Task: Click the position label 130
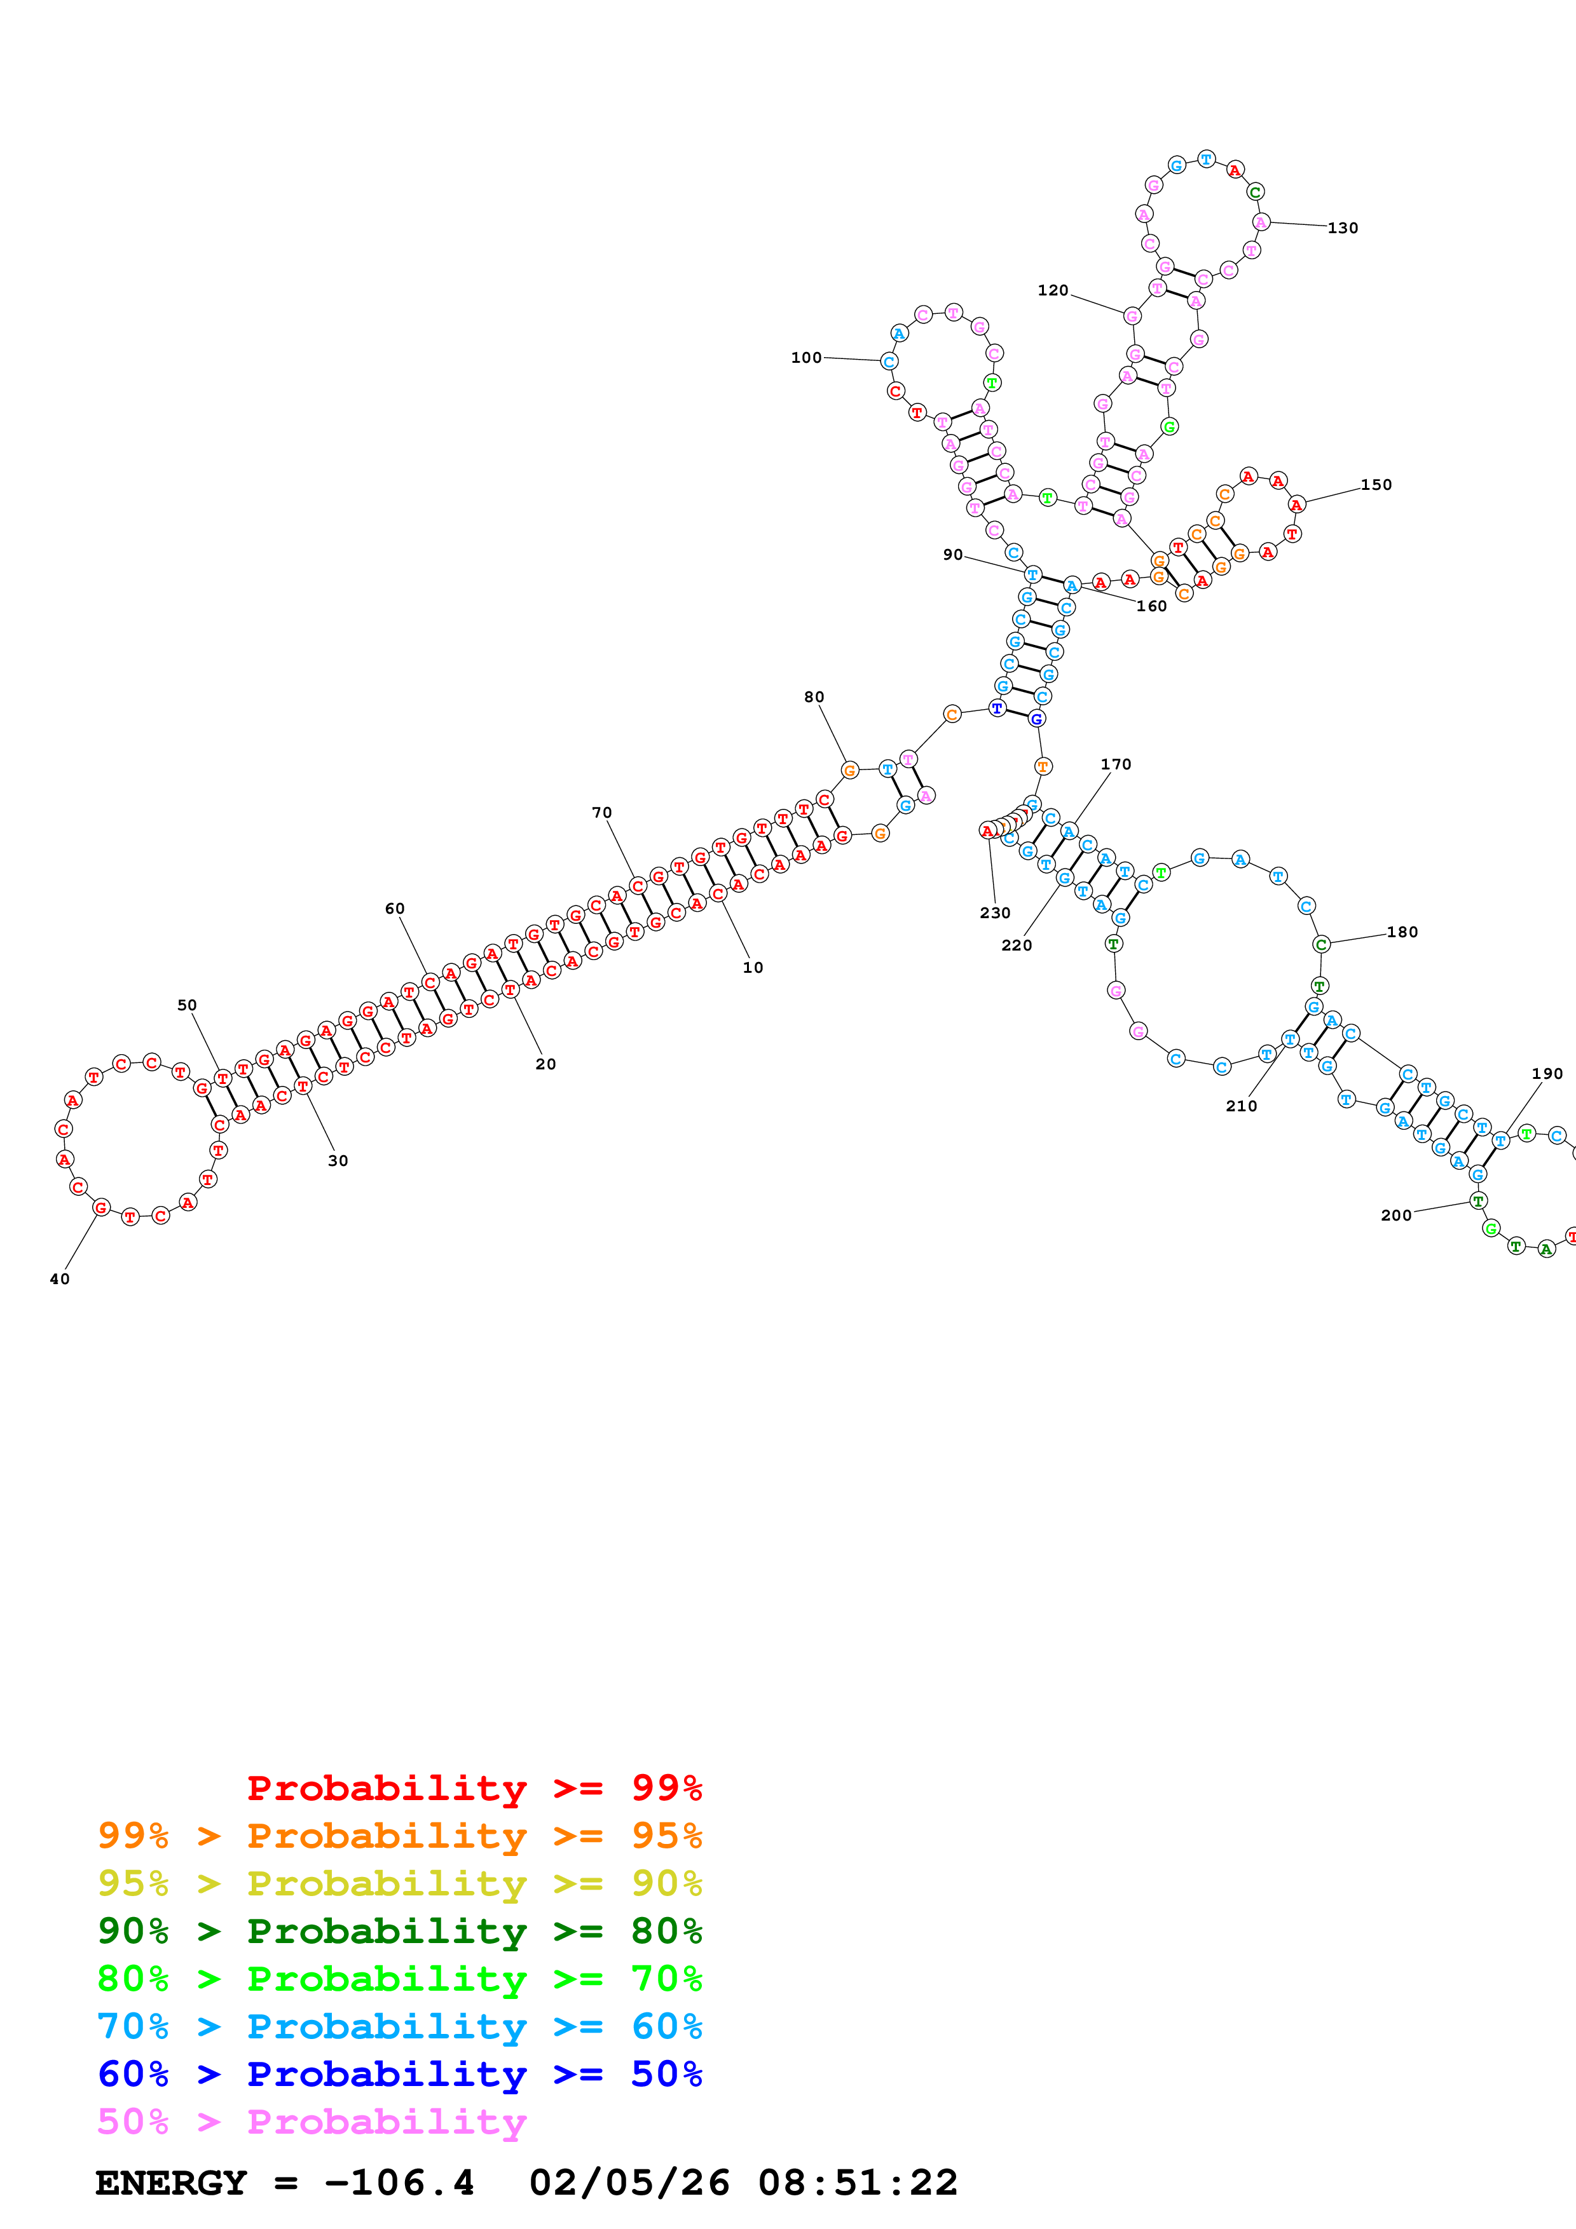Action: coord(1342,228)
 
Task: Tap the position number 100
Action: coord(806,357)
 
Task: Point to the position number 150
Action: coord(1375,484)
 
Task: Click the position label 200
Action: coord(1395,1216)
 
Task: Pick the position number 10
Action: coord(753,967)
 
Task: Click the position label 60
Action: coord(394,909)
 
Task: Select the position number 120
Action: coord(1053,290)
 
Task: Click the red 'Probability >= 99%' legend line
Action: coord(474,1787)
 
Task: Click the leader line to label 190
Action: coord(1523,1107)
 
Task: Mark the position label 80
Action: coord(814,697)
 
